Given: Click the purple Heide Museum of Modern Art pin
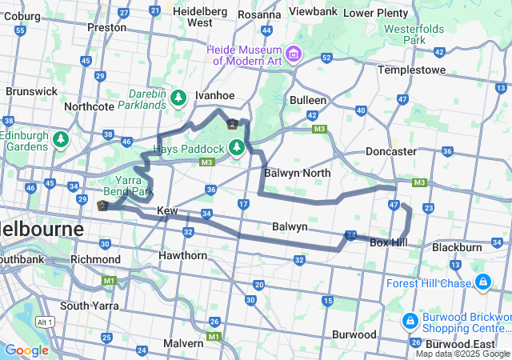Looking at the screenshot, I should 294,54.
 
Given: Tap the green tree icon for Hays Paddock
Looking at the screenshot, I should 236,147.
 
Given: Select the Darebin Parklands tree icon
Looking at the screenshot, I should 179,98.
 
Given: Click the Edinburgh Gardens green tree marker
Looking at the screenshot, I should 61,141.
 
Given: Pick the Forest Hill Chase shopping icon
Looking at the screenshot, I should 483,282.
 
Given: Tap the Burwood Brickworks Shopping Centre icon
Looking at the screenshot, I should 409,321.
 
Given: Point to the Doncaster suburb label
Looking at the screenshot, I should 390,151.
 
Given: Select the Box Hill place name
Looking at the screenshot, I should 390,242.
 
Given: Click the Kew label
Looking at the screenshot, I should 167,210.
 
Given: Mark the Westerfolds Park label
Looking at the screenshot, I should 414,34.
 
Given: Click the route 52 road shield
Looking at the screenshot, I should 326,58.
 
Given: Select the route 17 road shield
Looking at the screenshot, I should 243,205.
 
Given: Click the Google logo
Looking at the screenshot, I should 26,350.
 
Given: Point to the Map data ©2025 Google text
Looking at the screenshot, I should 462,354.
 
